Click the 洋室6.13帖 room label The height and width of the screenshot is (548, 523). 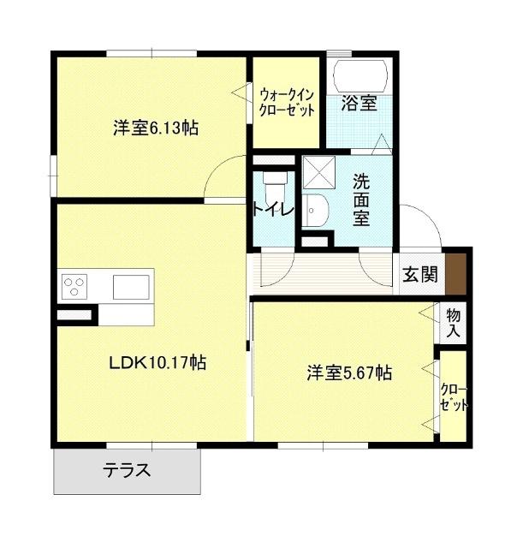point(156,128)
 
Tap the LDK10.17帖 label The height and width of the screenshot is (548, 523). point(157,362)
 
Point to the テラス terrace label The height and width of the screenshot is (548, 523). point(128,470)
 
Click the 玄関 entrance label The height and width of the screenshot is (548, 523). point(420,275)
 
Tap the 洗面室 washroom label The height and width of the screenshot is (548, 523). point(361,199)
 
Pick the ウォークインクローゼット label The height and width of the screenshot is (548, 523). point(287,103)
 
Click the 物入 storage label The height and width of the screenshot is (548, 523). point(454,322)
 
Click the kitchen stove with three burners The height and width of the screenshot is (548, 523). point(74,285)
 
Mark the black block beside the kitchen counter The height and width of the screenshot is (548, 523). point(74,315)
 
